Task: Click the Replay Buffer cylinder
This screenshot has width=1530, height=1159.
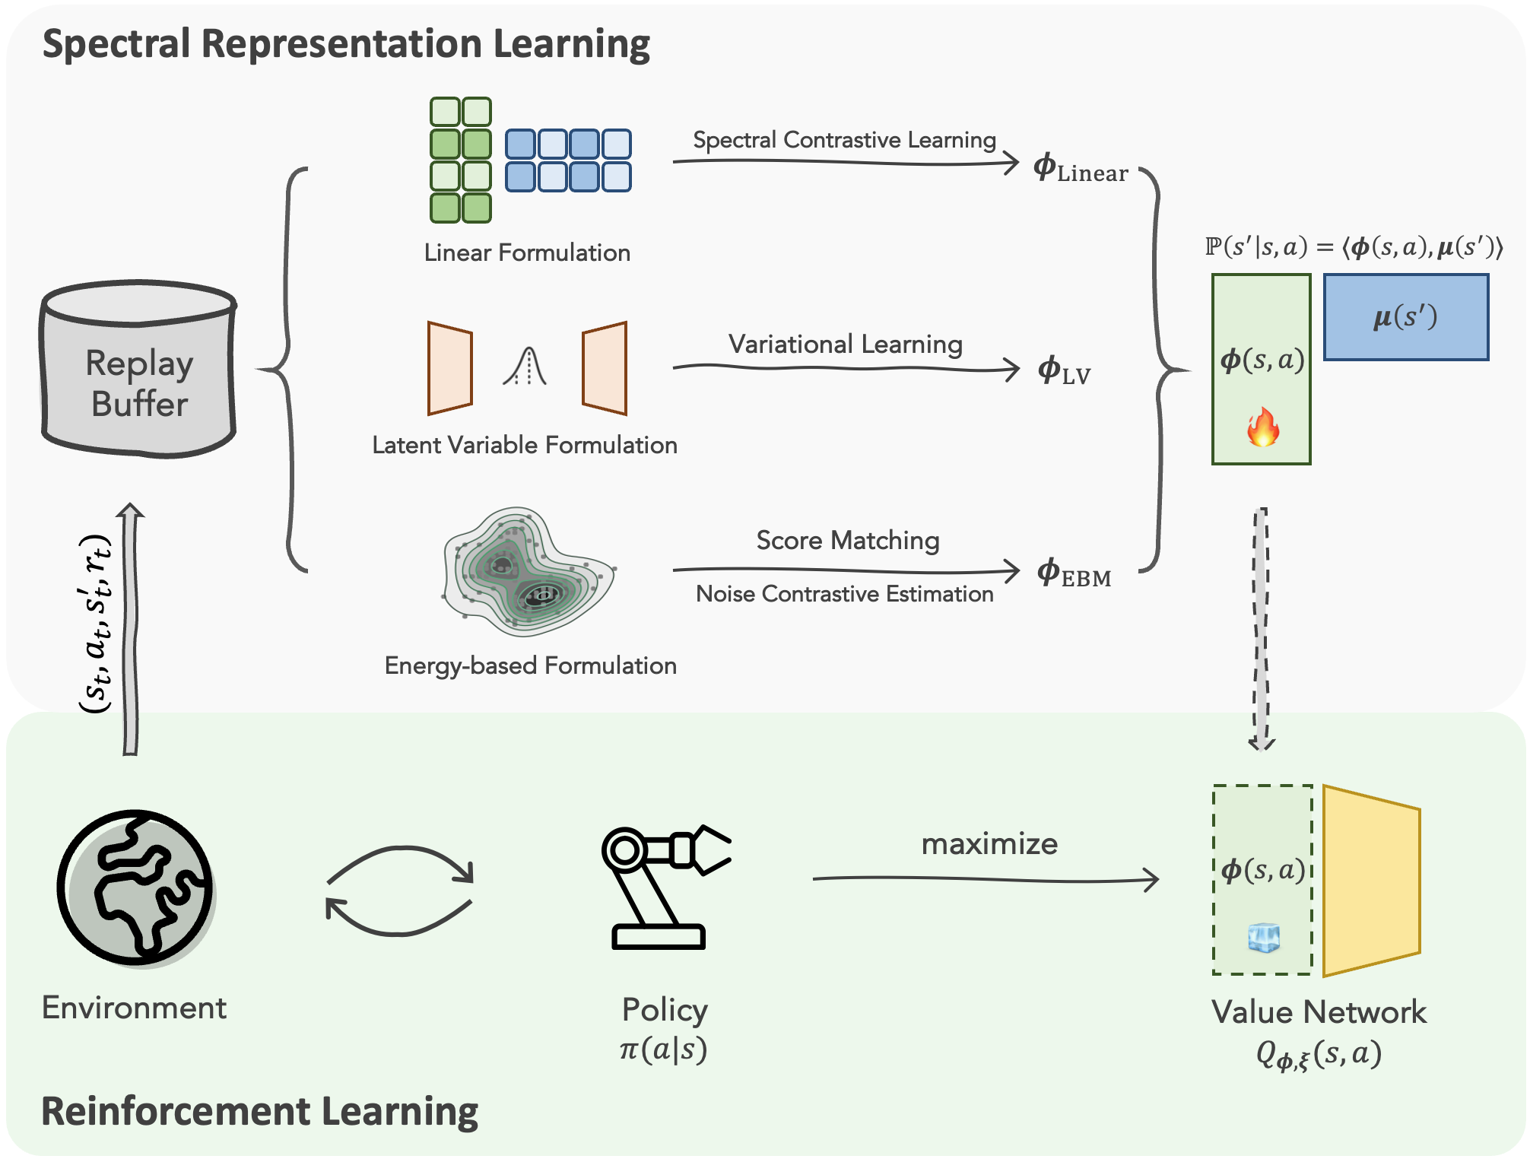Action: coord(138,370)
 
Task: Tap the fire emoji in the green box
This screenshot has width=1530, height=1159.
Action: coord(1262,427)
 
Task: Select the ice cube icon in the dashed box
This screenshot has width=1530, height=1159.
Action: coord(1264,938)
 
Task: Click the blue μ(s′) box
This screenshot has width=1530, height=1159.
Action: coord(1406,316)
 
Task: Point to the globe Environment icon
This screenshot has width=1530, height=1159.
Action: coord(135,887)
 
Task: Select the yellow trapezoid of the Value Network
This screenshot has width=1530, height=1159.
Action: coord(1371,881)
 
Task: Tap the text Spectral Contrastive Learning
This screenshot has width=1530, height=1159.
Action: coord(844,140)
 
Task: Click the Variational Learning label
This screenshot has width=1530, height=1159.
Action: coord(845,344)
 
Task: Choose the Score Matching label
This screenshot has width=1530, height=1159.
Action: coord(847,540)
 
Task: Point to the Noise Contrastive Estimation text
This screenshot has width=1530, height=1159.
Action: coord(844,594)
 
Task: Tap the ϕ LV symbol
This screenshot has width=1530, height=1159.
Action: coord(1064,370)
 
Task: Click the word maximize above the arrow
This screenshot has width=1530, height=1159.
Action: coord(989,844)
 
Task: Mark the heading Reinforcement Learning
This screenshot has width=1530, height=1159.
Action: coord(259,1111)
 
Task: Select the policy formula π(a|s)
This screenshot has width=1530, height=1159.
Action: coord(663,1049)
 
